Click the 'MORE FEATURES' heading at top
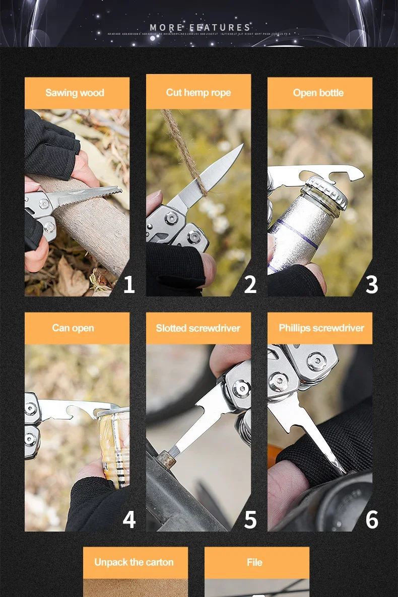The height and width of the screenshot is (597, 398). pyautogui.click(x=200, y=27)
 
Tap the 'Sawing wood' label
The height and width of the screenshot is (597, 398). pyautogui.click(x=75, y=93)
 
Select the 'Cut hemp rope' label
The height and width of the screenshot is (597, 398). pyautogui.click(x=198, y=93)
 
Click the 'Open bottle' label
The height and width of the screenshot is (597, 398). pyautogui.click(x=318, y=93)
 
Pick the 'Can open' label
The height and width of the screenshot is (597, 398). pyautogui.click(x=73, y=328)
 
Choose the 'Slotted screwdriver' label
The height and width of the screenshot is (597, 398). pyautogui.click(x=198, y=328)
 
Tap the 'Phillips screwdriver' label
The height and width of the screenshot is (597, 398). pyautogui.click(x=321, y=328)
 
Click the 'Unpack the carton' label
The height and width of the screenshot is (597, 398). pyautogui.click(x=134, y=562)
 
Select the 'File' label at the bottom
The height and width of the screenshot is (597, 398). pyautogui.click(x=254, y=562)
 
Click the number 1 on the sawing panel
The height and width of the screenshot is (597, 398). pyautogui.click(x=129, y=285)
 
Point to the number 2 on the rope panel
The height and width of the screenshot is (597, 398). pyautogui.click(x=250, y=285)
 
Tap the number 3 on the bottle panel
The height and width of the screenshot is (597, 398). pyautogui.click(x=372, y=285)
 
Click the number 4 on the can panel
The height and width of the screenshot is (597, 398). pyautogui.click(x=129, y=520)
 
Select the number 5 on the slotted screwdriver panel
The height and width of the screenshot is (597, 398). pyautogui.click(x=250, y=520)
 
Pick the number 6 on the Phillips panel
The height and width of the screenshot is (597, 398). pyautogui.click(x=372, y=520)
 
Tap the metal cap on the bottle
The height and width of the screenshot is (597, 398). pyautogui.click(x=327, y=191)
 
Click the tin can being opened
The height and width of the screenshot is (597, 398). pyautogui.click(x=115, y=443)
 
